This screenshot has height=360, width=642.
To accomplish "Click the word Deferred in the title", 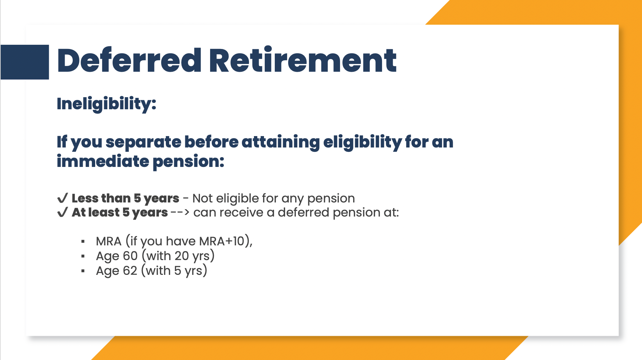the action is point(129,60).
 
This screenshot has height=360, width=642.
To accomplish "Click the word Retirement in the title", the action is point(303,60).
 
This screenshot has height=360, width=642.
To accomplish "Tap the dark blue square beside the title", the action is point(25,62).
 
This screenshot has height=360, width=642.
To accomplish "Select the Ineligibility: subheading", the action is point(107,104).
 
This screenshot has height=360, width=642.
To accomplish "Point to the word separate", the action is point(144,142).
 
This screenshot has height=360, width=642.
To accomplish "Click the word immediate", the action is point(103,161).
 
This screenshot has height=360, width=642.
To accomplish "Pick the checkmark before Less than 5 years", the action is point(63,198).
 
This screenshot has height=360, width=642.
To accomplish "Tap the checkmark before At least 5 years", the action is point(63,212).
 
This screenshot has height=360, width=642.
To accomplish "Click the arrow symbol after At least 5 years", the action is point(180,213).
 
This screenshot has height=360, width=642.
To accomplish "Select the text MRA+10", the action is point(222,241).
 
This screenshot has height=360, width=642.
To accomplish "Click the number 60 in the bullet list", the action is point(130,256).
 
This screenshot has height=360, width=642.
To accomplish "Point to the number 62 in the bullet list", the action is point(130,271).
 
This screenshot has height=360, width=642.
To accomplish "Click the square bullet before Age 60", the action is point(83,256).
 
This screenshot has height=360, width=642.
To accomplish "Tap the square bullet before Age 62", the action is point(83,271).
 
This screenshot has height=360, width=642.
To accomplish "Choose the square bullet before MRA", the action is point(83,241).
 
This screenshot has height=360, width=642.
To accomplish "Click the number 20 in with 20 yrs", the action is point(182,256).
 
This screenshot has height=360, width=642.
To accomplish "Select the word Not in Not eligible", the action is point(202,198).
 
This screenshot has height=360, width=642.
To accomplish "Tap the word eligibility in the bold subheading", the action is point(363,142).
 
